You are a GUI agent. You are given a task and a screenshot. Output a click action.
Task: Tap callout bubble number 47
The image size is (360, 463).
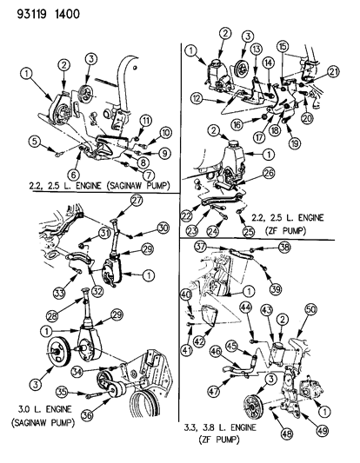tap(215, 393)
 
